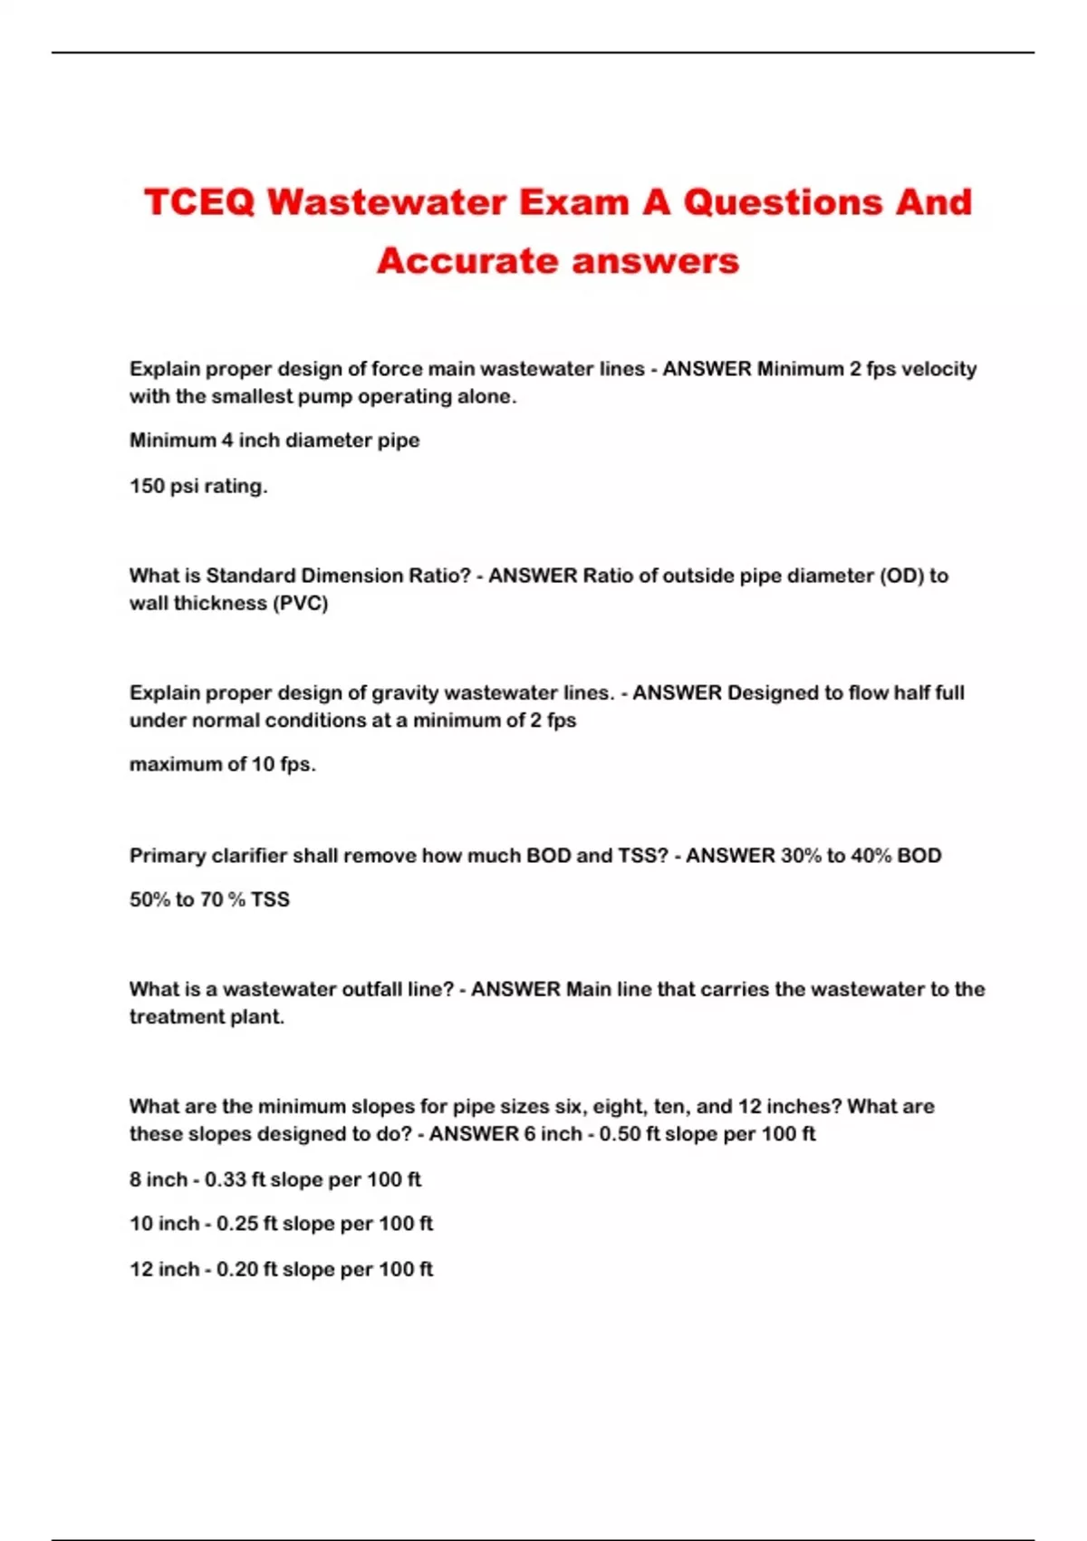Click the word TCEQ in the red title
click(199, 202)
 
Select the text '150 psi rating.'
click(198, 486)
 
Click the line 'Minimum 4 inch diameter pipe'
click(274, 441)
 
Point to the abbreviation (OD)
click(901, 576)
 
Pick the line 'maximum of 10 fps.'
click(223, 764)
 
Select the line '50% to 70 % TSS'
click(209, 899)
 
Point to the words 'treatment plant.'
click(207, 1017)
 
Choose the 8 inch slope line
click(275, 1179)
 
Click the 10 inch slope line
click(281, 1224)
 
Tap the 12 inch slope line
click(281, 1269)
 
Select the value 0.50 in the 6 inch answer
click(620, 1134)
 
